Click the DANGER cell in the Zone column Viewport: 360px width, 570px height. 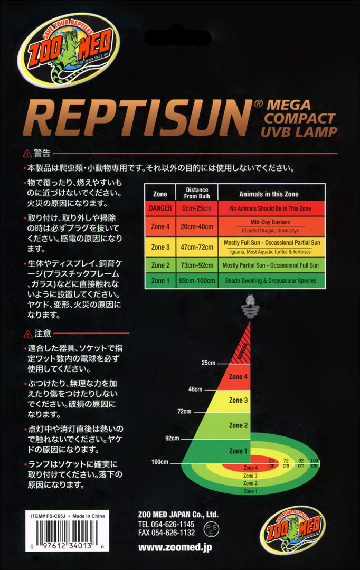tap(160, 208)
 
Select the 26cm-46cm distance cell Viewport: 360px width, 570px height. tap(197, 226)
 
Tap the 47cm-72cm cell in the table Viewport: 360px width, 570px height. tap(197, 247)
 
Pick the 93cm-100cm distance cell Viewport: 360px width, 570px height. tap(197, 281)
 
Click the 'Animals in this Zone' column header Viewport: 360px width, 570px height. tap(269, 194)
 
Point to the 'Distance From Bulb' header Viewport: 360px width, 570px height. tap(197, 193)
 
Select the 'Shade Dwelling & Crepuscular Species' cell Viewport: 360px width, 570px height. tap(271, 281)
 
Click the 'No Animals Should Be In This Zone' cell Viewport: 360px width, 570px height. tap(271, 208)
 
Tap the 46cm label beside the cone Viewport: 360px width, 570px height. tap(195, 389)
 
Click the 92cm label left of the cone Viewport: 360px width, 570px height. tap(173, 438)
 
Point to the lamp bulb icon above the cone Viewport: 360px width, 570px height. tap(250, 306)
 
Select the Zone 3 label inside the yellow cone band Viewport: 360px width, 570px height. tap(238, 400)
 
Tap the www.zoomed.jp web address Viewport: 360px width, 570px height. tap(175, 547)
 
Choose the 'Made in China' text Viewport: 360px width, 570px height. tap(88, 516)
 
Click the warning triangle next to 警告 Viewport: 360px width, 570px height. tap(27, 154)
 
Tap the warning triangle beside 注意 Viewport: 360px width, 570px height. tap(28, 334)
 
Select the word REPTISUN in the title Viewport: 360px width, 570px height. tap(138, 118)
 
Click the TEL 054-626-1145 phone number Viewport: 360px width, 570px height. tap(166, 524)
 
